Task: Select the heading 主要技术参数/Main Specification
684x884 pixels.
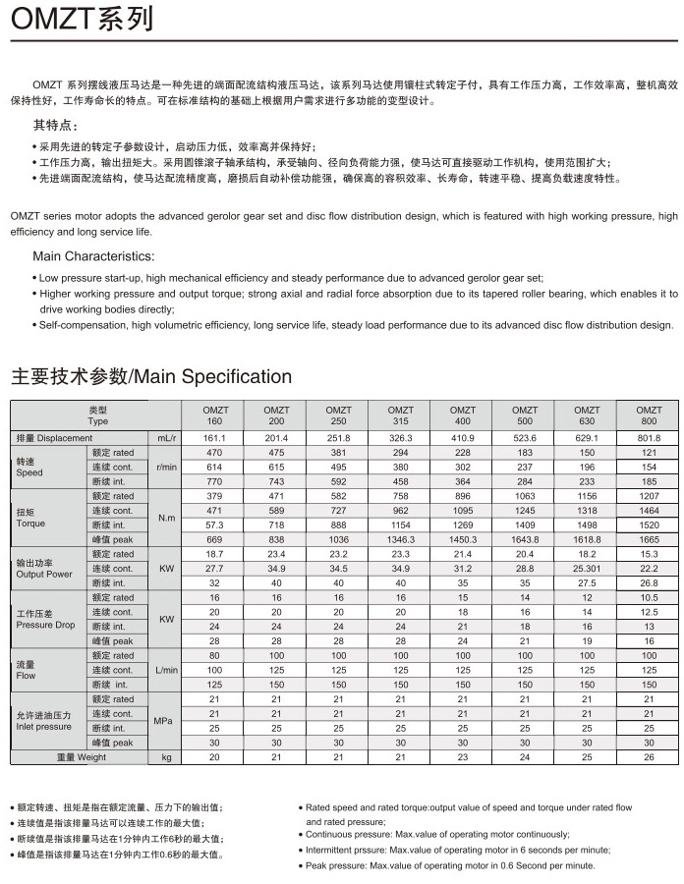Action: tap(151, 376)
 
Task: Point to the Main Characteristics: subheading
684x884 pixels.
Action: tap(93, 256)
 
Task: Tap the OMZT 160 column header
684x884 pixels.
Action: tap(214, 414)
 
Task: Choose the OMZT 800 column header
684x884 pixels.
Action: tap(649, 414)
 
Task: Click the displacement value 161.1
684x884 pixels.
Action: tap(214, 437)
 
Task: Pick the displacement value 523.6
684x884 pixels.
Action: tap(525, 437)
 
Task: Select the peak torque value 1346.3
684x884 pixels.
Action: tap(401, 539)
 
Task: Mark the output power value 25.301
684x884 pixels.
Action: tap(587, 569)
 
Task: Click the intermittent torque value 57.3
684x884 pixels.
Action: tap(214, 525)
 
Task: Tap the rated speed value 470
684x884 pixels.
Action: tap(214, 452)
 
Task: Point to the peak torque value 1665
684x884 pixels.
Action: tap(649, 539)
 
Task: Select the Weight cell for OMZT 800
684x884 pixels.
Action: tap(649, 757)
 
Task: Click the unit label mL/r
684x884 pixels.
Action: tap(166, 437)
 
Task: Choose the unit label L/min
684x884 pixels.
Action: tap(166, 670)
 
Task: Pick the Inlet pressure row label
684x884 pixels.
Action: tap(43, 727)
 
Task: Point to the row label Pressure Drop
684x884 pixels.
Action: tap(45, 625)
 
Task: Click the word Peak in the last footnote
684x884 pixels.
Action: tap(317, 865)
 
